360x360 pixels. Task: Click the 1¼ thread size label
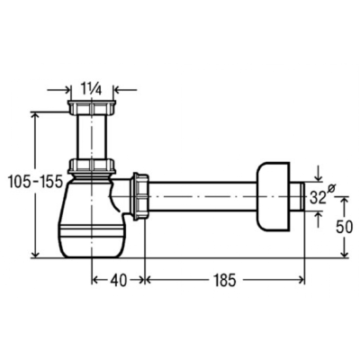91,90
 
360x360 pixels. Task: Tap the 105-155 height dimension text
35,182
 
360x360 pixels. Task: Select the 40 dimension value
118,281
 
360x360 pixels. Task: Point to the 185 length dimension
225,281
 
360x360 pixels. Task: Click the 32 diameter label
318,197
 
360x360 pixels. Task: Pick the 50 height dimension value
345,228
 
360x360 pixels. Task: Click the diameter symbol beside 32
331,188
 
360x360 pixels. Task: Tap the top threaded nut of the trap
92,107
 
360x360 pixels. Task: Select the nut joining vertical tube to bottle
92,166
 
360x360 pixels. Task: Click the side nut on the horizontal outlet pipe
139,196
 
